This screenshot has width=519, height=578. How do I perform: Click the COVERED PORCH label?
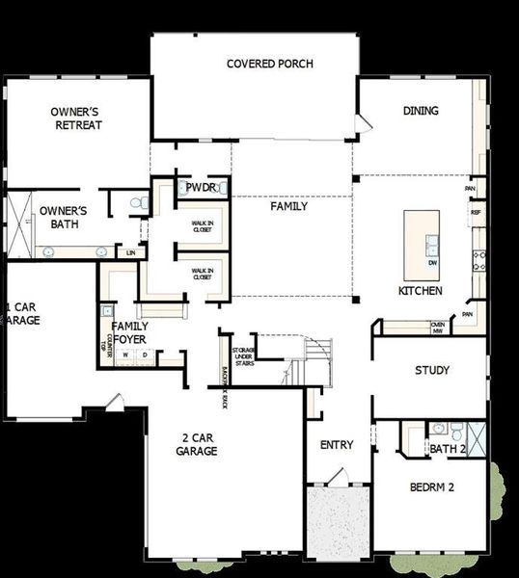[269, 64]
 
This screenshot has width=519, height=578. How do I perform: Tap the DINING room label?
[420, 111]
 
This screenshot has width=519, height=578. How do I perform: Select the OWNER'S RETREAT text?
[77, 118]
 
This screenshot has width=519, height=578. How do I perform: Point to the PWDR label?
[201, 187]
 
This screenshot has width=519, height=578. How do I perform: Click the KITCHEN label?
[421, 290]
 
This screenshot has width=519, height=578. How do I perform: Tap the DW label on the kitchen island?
[432, 262]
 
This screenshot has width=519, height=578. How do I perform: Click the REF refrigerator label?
[476, 212]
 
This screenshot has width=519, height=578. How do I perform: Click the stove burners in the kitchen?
[478, 258]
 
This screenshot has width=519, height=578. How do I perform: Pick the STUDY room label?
[432, 370]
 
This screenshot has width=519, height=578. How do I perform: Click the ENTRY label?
[336, 445]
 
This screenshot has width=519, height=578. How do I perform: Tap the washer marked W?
[124, 355]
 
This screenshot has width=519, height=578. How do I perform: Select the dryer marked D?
[145, 355]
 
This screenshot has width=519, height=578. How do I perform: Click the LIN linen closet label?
[130, 251]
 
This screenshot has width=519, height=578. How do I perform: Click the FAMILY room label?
[288, 206]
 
